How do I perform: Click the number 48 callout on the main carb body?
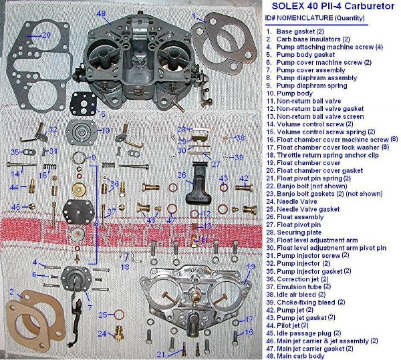[102, 13]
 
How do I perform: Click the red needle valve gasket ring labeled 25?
[119, 315]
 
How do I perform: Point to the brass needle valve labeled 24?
[118, 334]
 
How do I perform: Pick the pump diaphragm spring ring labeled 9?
[78, 158]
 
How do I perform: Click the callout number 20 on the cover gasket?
[46, 35]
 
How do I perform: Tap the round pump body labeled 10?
[82, 132]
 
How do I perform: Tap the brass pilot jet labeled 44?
[32, 186]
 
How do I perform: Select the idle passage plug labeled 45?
[31, 206]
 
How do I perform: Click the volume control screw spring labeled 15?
[49, 167]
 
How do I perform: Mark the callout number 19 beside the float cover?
[251, 266]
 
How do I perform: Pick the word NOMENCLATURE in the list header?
[305, 18]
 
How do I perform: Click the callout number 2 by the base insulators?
[11, 291]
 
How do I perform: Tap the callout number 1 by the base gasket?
[194, 16]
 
